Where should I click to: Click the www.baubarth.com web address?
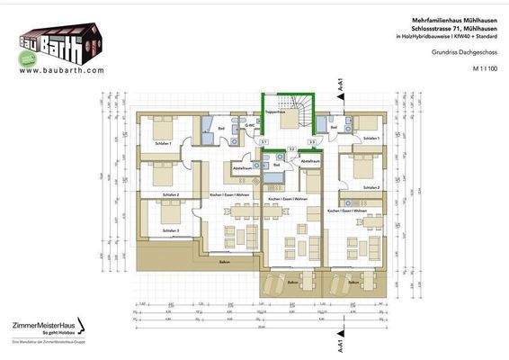point(61,69)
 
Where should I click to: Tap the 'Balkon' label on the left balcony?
point(200,262)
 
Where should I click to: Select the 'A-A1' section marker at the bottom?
point(339,345)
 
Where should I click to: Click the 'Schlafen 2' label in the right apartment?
point(371,187)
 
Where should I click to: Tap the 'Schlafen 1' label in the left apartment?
point(164,143)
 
